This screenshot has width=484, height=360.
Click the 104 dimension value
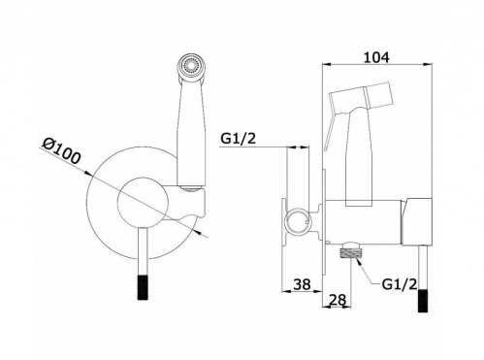(376, 57)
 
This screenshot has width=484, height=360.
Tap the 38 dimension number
(302, 284)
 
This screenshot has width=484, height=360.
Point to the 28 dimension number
(338, 300)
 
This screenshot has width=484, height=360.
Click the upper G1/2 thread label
(239, 139)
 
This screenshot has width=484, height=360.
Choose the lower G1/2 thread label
(400, 284)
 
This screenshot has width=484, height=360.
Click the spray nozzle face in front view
(192, 66)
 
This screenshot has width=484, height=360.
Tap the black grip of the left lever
(143, 287)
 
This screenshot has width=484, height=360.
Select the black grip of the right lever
(423, 301)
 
